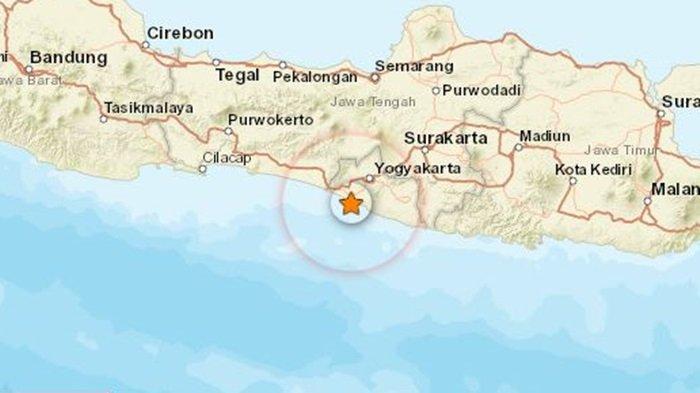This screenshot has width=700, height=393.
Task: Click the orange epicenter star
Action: point(351,204)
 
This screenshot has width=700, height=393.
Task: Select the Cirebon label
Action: point(180,33)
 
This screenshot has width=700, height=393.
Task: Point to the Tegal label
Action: point(237,74)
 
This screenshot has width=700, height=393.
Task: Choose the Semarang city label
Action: point(414,66)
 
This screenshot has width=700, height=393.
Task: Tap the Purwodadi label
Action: point(482,90)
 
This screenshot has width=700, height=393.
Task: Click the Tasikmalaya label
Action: point(144,106)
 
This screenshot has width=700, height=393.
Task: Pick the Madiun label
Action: point(546,136)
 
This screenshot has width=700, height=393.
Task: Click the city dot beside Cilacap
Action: point(202,169)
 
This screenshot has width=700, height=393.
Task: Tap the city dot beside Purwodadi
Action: point(436,90)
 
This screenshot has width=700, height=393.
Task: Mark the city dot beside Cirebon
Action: point(146,44)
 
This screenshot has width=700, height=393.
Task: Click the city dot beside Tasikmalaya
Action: point(103,118)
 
